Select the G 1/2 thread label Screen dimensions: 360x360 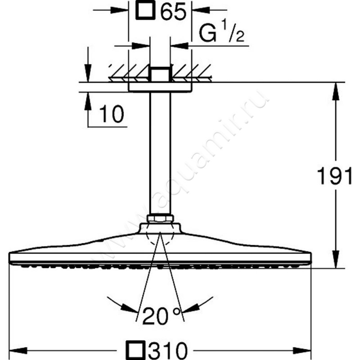click(x=221, y=31)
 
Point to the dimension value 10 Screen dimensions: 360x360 click(x=112, y=114)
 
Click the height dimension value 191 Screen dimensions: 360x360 click(x=334, y=176)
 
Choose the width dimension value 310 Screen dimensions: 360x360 click(x=167, y=351)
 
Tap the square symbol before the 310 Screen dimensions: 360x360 click(x=137, y=350)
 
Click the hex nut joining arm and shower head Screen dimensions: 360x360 click(x=160, y=218)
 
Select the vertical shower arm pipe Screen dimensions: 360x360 click(x=160, y=153)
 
